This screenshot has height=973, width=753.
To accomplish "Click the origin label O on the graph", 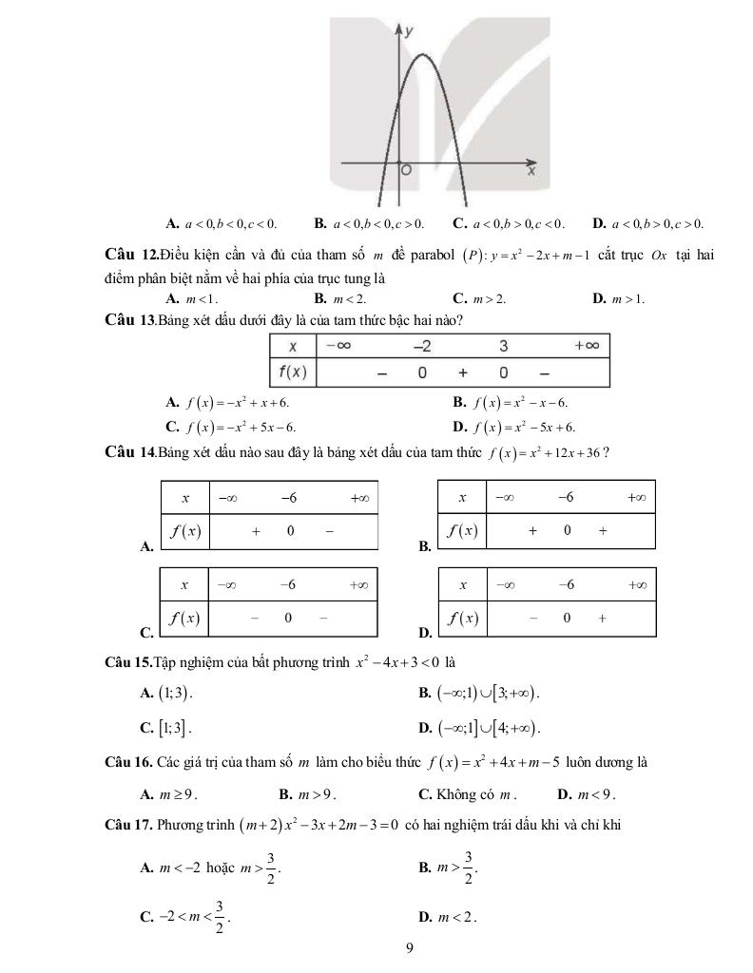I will [406, 171].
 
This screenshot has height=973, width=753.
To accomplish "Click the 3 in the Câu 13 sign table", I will [503, 346].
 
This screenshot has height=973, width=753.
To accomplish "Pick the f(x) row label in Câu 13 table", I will [292, 372].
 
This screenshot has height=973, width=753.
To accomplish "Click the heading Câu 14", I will [130, 452].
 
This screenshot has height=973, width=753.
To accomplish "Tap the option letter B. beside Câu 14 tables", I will [424, 547].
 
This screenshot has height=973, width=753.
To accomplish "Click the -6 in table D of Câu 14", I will [566, 584].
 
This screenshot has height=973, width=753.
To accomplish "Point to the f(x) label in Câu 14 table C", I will [185, 618].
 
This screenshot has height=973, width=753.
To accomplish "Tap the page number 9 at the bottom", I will [409, 946].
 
